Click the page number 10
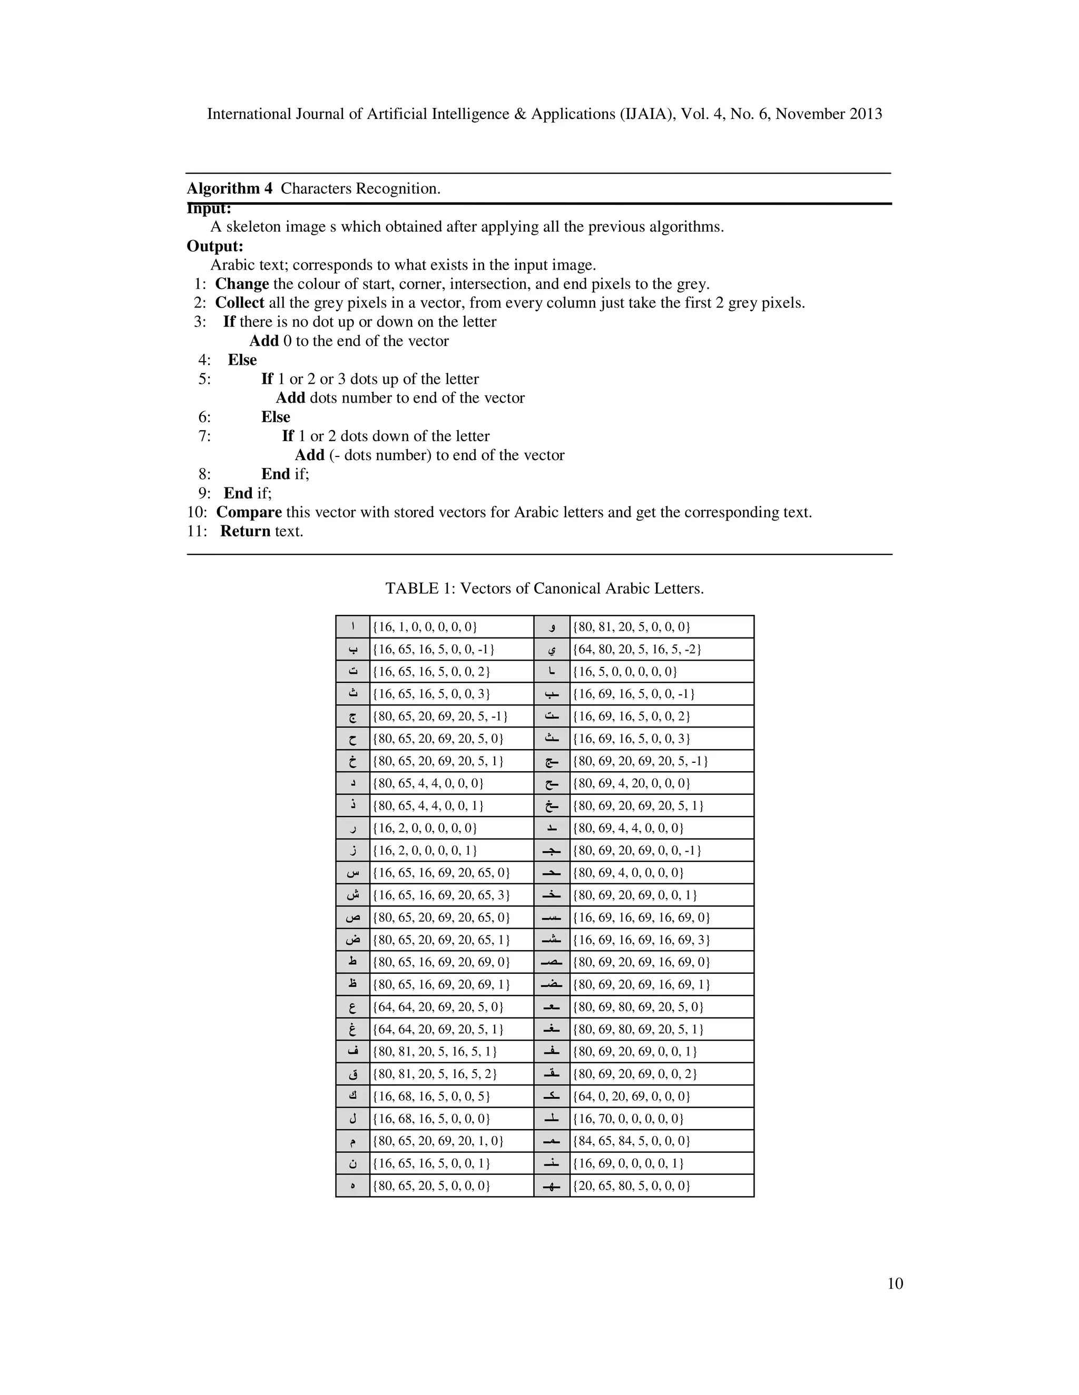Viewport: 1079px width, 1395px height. click(x=895, y=1283)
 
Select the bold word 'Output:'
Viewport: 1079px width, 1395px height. click(x=215, y=246)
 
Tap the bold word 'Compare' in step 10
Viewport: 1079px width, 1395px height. click(x=249, y=512)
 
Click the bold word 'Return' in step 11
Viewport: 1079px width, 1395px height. click(x=245, y=532)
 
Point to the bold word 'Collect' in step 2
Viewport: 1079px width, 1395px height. click(x=239, y=303)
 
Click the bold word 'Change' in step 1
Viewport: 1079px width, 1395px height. click(x=242, y=284)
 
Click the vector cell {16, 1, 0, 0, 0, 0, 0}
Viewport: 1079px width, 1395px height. click(x=425, y=626)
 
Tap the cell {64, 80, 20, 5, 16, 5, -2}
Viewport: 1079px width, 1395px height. click(x=636, y=649)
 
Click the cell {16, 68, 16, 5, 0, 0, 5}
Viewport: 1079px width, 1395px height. click(x=431, y=1096)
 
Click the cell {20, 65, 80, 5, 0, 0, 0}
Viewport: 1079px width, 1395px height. click(x=631, y=1185)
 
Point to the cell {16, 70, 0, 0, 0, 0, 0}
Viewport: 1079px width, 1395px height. click(x=627, y=1119)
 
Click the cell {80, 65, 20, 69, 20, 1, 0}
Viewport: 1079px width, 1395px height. click(x=438, y=1141)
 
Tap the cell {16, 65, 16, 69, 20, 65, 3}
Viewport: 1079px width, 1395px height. click(x=441, y=895)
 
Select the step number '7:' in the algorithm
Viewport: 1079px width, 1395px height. click(x=204, y=436)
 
